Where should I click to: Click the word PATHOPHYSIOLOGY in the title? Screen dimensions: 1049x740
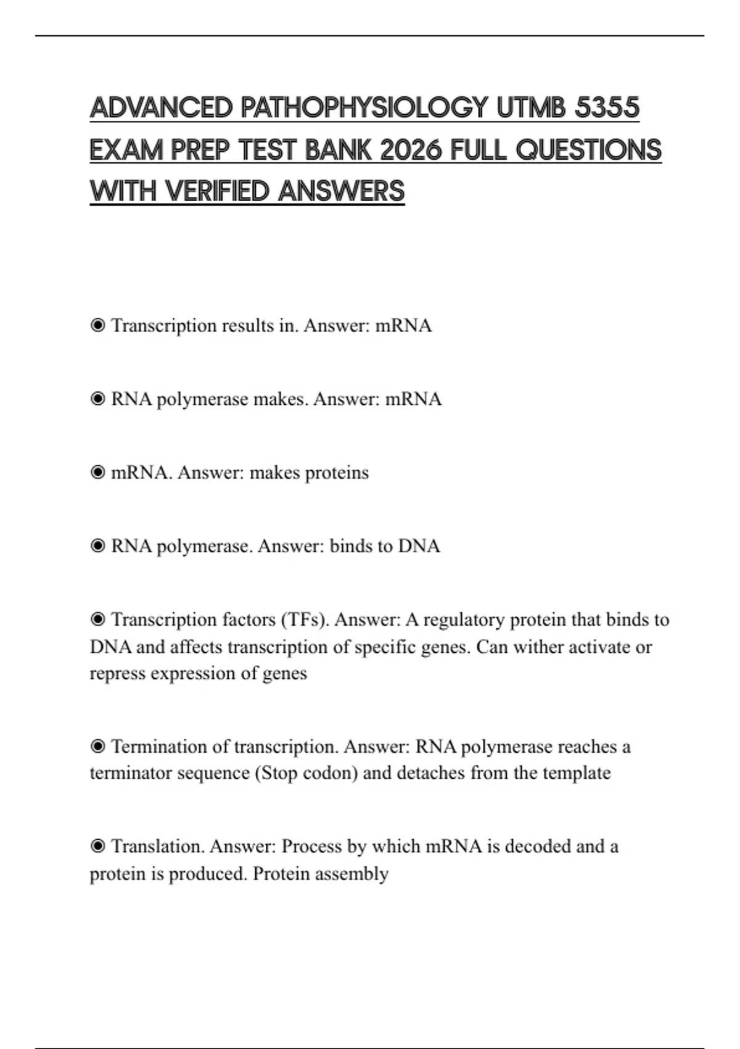364,109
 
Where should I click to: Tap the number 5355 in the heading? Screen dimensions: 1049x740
607,109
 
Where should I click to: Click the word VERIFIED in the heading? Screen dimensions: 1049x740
217,191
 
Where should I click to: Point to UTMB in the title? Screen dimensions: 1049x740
531,109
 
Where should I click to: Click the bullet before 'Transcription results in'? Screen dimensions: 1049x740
97,325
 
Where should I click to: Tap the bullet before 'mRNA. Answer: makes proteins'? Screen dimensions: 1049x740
97,473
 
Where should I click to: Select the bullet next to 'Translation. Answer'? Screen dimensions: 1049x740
97,846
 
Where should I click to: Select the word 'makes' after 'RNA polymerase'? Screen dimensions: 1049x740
280,399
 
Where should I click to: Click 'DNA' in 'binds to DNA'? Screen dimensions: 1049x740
419,546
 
